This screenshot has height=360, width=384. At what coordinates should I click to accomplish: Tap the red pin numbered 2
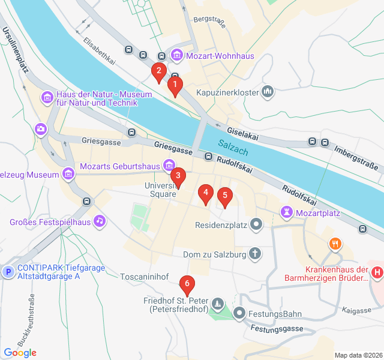(x=158, y=71)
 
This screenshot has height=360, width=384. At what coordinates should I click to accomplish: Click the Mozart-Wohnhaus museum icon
(x=177, y=56)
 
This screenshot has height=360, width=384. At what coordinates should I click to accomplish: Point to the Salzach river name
(x=233, y=146)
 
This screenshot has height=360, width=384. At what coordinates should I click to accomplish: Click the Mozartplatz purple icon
(x=287, y=212)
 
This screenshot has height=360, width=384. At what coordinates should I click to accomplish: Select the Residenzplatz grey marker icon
(x=256, y=226)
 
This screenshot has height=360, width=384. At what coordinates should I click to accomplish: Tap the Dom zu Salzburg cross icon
(x=255, y=254)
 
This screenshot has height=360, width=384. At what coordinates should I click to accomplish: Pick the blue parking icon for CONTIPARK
(x=8, y=272)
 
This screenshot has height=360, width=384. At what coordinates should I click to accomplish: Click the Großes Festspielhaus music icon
(x=100, y=221)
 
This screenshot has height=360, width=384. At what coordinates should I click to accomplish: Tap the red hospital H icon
(x=377, y=272)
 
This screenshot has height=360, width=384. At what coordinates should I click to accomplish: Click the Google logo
(x=20, y=353)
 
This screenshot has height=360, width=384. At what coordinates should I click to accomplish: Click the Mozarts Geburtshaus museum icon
(x=169, y=165)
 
